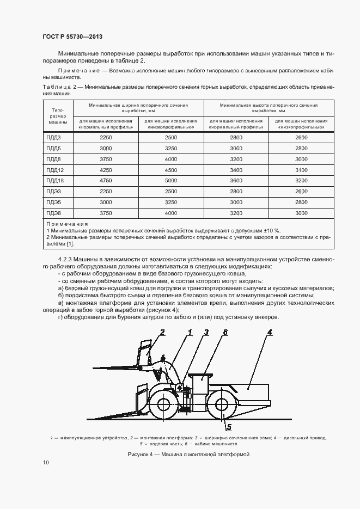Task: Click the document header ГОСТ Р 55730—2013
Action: pos(72,37)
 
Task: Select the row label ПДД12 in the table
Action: pos(54,170)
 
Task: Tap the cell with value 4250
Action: pos(106,170)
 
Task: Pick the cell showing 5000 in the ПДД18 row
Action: pos(171,180)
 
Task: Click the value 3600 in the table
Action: pos(236,180)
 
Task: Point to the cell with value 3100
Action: pos(301,170)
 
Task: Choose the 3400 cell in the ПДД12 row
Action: pos(236,170)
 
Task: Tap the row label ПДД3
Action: pos(53,138)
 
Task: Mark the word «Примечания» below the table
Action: pos(67,224)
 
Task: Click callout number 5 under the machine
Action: pos(229,426)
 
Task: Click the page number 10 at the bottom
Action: pos(46,463)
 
